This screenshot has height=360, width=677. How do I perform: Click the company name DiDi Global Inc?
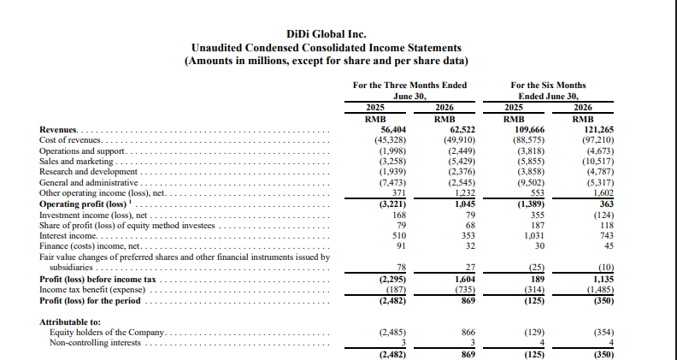coord(327,34)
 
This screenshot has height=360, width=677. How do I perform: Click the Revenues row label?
coord(58,130)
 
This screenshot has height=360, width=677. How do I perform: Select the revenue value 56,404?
coord(393,130)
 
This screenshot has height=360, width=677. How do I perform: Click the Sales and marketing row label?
coord(76,162)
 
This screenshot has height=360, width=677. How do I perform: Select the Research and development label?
coord(88,172)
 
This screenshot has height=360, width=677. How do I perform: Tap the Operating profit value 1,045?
coord(465,204)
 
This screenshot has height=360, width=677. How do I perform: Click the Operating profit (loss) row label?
coord(82,204)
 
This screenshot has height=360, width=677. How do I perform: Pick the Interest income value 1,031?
coord(533,235)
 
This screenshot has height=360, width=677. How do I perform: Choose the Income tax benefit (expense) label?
coord(92,290)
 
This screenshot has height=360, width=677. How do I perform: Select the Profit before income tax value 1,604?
coord(465,279)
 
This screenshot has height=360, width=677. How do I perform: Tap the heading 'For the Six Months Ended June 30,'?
coord(548,91)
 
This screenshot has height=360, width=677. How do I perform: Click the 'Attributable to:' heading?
coord(70,322)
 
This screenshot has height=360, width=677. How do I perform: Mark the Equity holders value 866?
coord(468,333)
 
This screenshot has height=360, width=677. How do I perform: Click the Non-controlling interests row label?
coord(96,343)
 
